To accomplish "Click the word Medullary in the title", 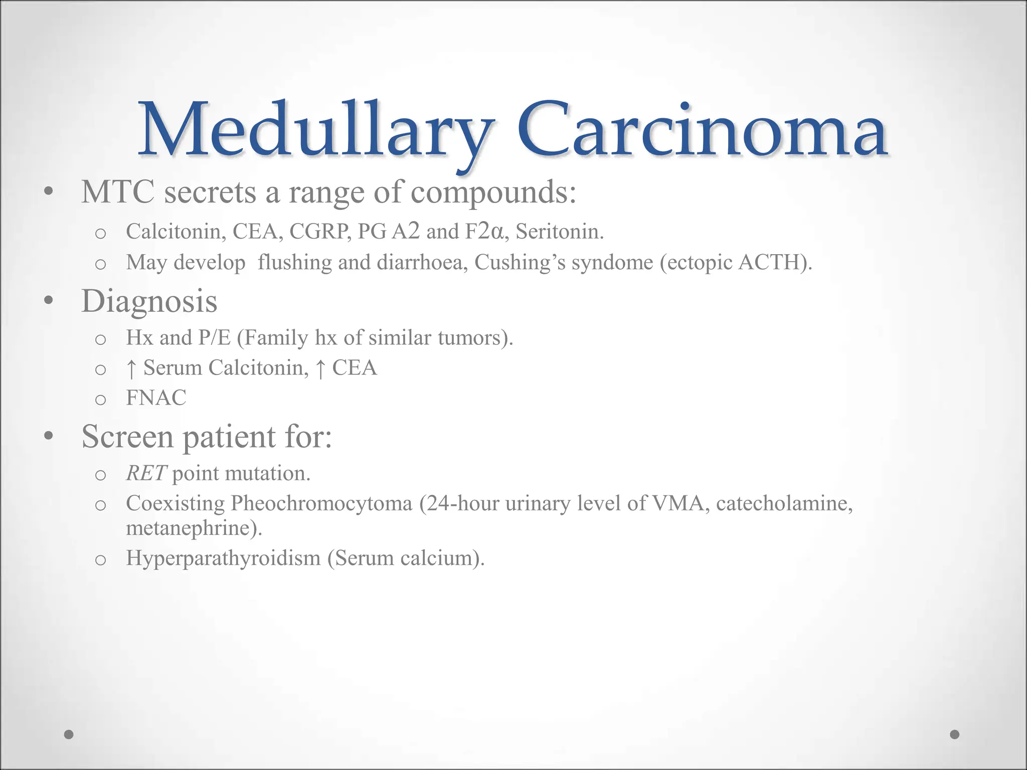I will coord(316,131).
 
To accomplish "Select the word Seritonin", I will coord(559,232).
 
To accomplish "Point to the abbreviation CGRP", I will coord(320,232).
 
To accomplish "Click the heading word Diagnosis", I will coord(149,302).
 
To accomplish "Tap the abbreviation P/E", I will coord(214,338).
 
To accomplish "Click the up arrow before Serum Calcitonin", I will coord(131,368).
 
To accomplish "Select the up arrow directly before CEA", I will coord(320,368).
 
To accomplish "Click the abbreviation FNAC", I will coord(156,398).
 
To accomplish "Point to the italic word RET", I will coord(146,473).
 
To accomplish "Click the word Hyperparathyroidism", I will coord(223,558).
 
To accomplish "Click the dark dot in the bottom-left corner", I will coord(69,734).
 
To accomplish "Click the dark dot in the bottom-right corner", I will coord(955,734).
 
